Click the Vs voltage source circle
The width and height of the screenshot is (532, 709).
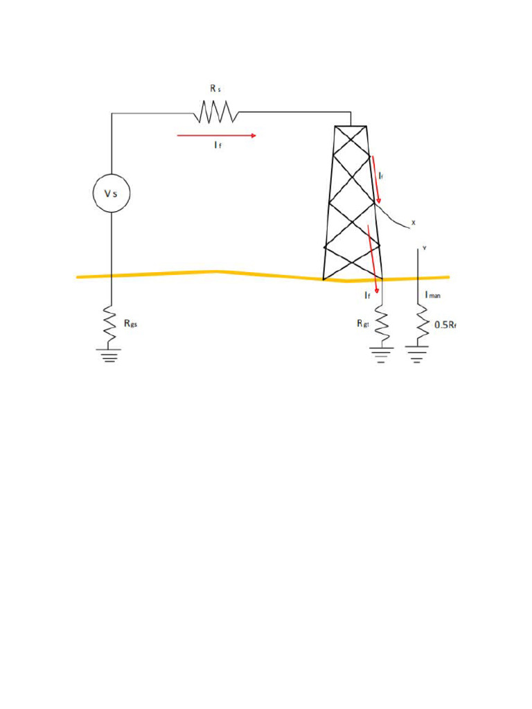coord(112,193)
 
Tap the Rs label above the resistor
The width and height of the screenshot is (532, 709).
coord(216,89)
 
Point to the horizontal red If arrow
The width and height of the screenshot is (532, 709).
coord(216,136)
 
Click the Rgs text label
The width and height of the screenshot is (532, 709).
coord(130,323)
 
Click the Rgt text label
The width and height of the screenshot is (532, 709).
coord(364,323)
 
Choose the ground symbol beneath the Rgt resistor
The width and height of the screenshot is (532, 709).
coord(380,354)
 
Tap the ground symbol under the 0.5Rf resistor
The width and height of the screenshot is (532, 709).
coord(417,354)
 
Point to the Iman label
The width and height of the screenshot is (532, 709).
coord(432,296)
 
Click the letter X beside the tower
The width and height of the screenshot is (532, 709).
coord(414,222)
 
